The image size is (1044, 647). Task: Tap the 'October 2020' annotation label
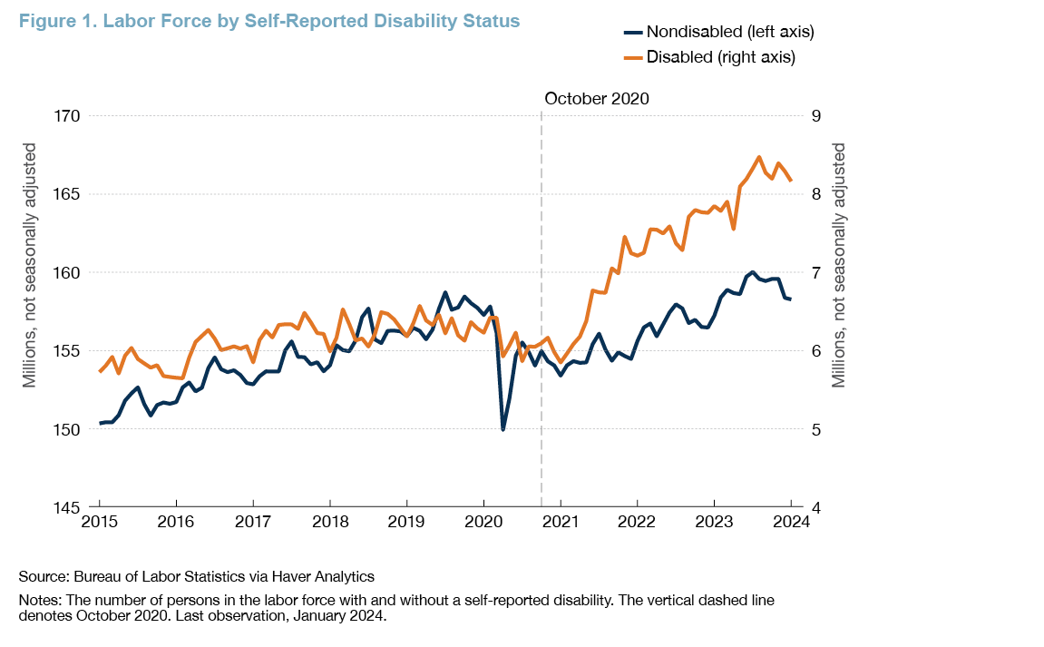click(597, 99)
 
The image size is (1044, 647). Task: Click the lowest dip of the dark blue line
click(502, 429)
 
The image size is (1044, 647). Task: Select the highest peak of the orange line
click(758, 157)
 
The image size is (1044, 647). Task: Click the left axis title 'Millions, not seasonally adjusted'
click(29, 265)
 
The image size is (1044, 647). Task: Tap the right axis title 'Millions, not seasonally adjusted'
click(839, 265)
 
